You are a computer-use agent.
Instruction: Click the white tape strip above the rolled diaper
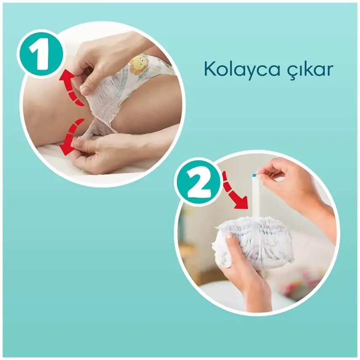click(255, 198)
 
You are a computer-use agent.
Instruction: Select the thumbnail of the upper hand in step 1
click(85, 90)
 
